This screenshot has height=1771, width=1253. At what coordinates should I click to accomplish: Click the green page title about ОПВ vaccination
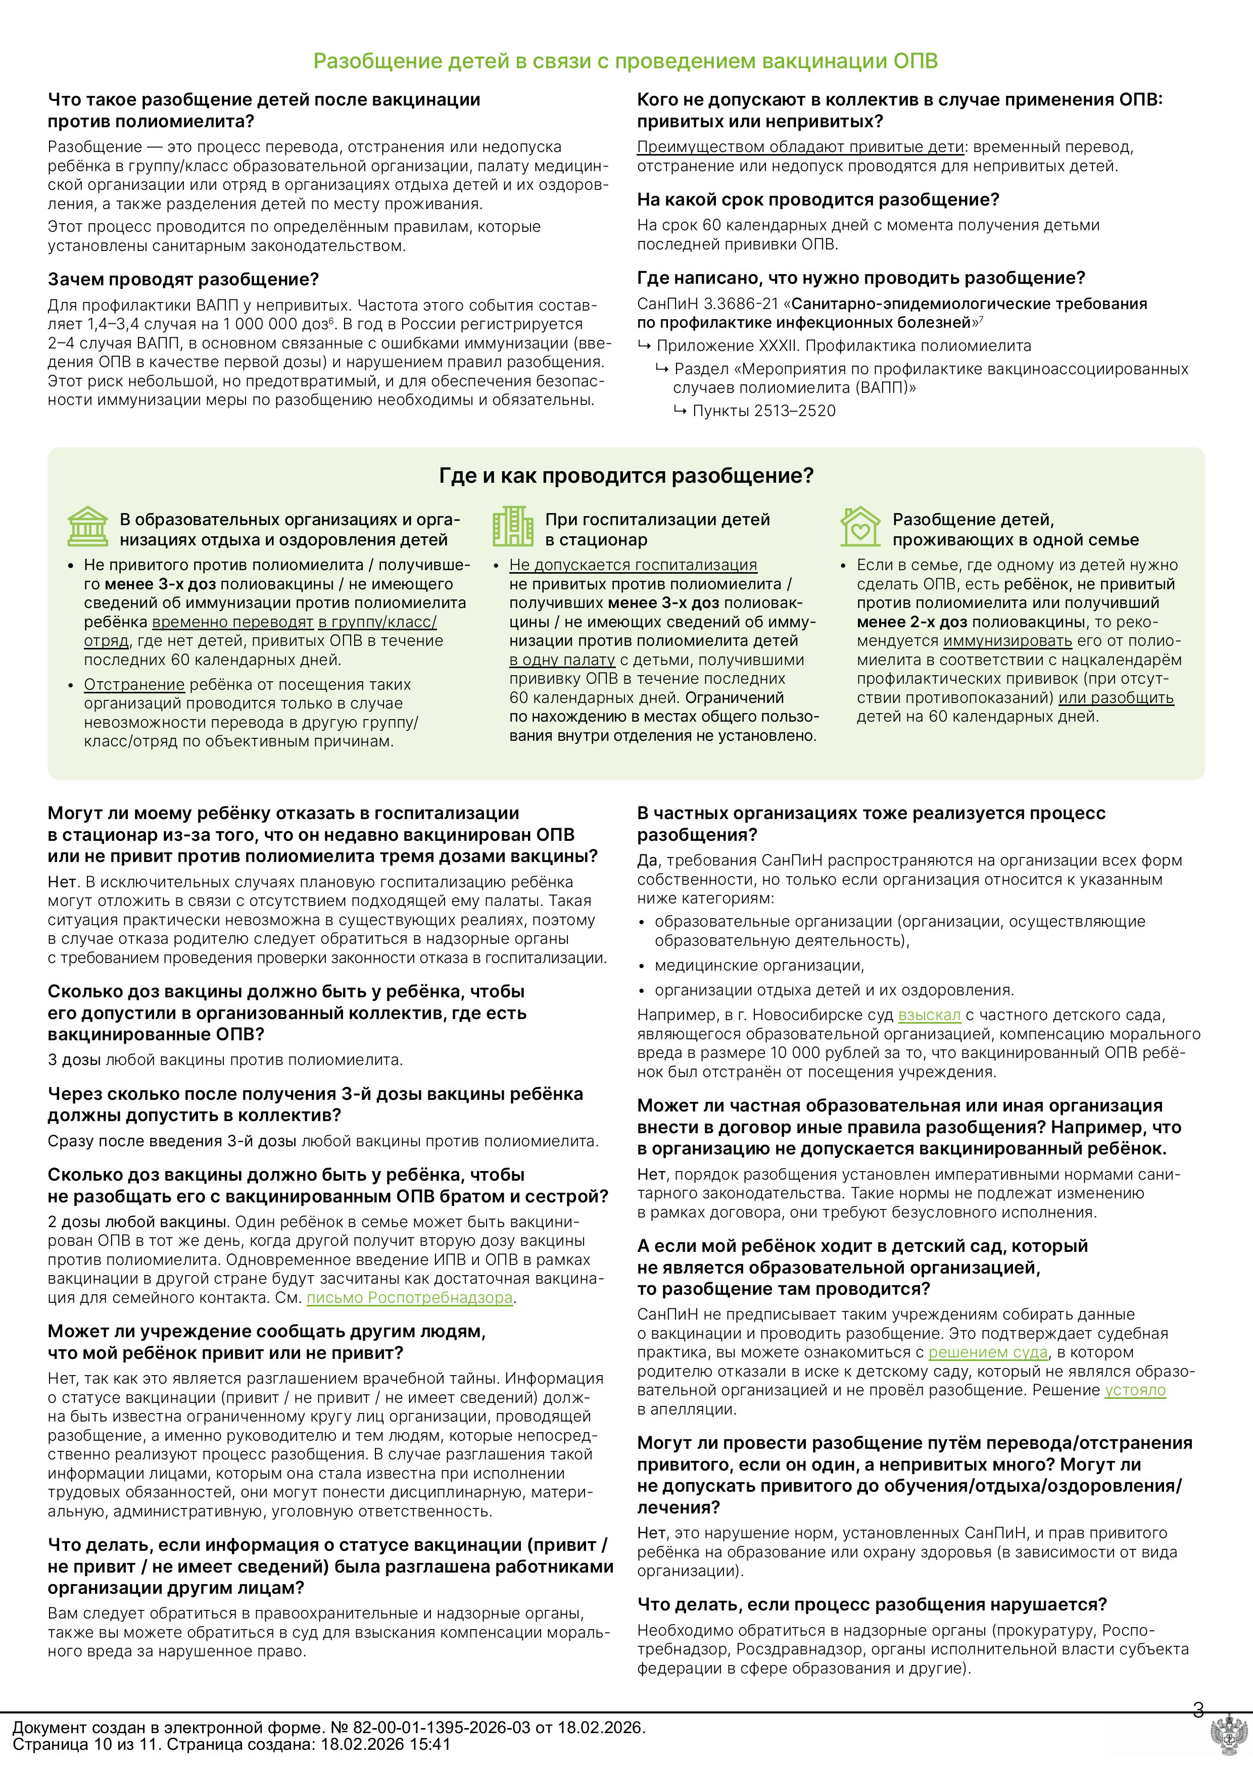pyautogui.click(x=625, y=62)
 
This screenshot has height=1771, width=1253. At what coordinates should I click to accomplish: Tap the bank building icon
pyautogui.click(x=87, y=526)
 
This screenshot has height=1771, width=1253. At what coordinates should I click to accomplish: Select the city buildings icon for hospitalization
pyautogui.click(x=512, y=526)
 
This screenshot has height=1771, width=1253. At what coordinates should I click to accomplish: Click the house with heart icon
pyautogui.click(x=860, y=526)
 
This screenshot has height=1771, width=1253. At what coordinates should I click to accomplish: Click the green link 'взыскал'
pyautogui.click(x=929, y=1015)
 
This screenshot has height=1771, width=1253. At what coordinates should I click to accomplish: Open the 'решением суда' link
pyautogui.click(x=988, y=1352)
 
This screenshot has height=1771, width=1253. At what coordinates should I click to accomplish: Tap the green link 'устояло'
pyautogui.click(x=1135, y=1390)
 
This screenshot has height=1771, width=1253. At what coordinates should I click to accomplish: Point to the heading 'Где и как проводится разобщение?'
pyautogui.click(x=625, y=476)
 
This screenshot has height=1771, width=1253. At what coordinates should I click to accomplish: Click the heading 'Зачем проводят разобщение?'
pyautogui.click(x=183, y=279)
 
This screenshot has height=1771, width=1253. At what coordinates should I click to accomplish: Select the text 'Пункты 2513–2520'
pyautogui.click(x=764, y=411)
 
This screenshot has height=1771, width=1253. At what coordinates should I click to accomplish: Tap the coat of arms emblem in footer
pyautogui.click(x=1230, y=1739)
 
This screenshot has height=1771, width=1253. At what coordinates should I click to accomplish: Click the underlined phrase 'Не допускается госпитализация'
pyautogui.click(x=633, y=566)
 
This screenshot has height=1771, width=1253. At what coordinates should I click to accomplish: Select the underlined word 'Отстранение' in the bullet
pyautogui.click(x=134, y=685)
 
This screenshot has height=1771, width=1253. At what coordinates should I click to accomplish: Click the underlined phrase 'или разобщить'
pyautogui.click(x=1116, y=698)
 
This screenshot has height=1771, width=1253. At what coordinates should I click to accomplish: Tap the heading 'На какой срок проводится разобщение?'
pyautogui.click(x=818, y=200)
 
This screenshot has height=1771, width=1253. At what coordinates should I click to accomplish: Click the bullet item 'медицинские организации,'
pyautogui.click(x=759, y=966)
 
